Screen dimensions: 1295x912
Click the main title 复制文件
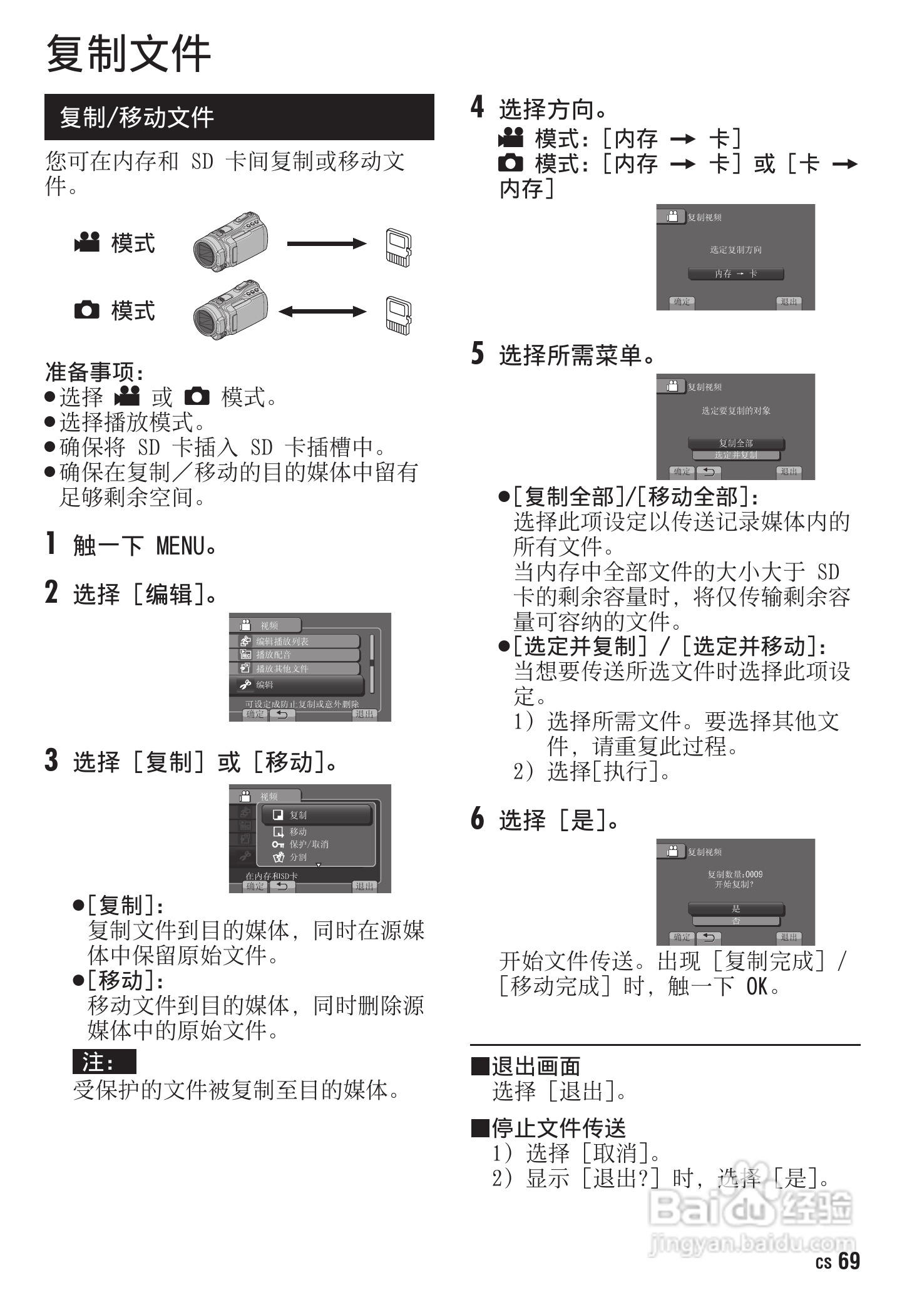[x=128, y=54]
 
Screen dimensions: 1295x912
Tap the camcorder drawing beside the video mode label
[x=230, y=242]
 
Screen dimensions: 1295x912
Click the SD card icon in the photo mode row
[x=398, y=314]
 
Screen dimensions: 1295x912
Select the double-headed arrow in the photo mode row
[x=322, y=311]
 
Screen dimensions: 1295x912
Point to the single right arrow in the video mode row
[x=326, y=243]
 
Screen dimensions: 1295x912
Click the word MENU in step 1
[x=180, y=546]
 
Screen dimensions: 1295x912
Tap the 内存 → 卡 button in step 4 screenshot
[x=735, y=274]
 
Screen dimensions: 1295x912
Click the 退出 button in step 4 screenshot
[x=788, y=302]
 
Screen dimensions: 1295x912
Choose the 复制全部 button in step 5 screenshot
[x=735, y=443]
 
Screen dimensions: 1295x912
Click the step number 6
[x=477, y=818]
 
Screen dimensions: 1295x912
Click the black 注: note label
[x=104, y=1062]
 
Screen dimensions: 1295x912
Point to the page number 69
[x=849, y=1261]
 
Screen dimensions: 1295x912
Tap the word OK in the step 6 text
[x=756, y=986]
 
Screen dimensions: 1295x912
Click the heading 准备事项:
[x=94, y=372]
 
